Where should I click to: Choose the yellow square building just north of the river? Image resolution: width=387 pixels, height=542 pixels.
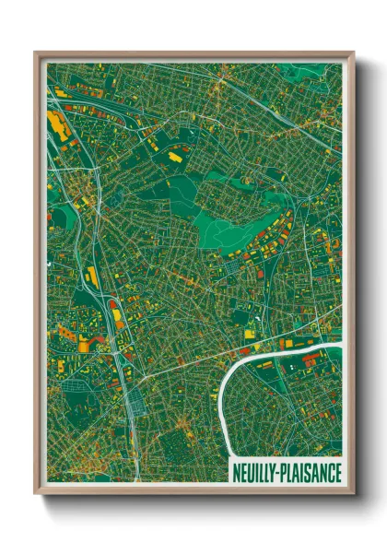tap(287, 344)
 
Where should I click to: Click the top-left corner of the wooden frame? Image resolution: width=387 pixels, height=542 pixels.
tap(35, 53)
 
